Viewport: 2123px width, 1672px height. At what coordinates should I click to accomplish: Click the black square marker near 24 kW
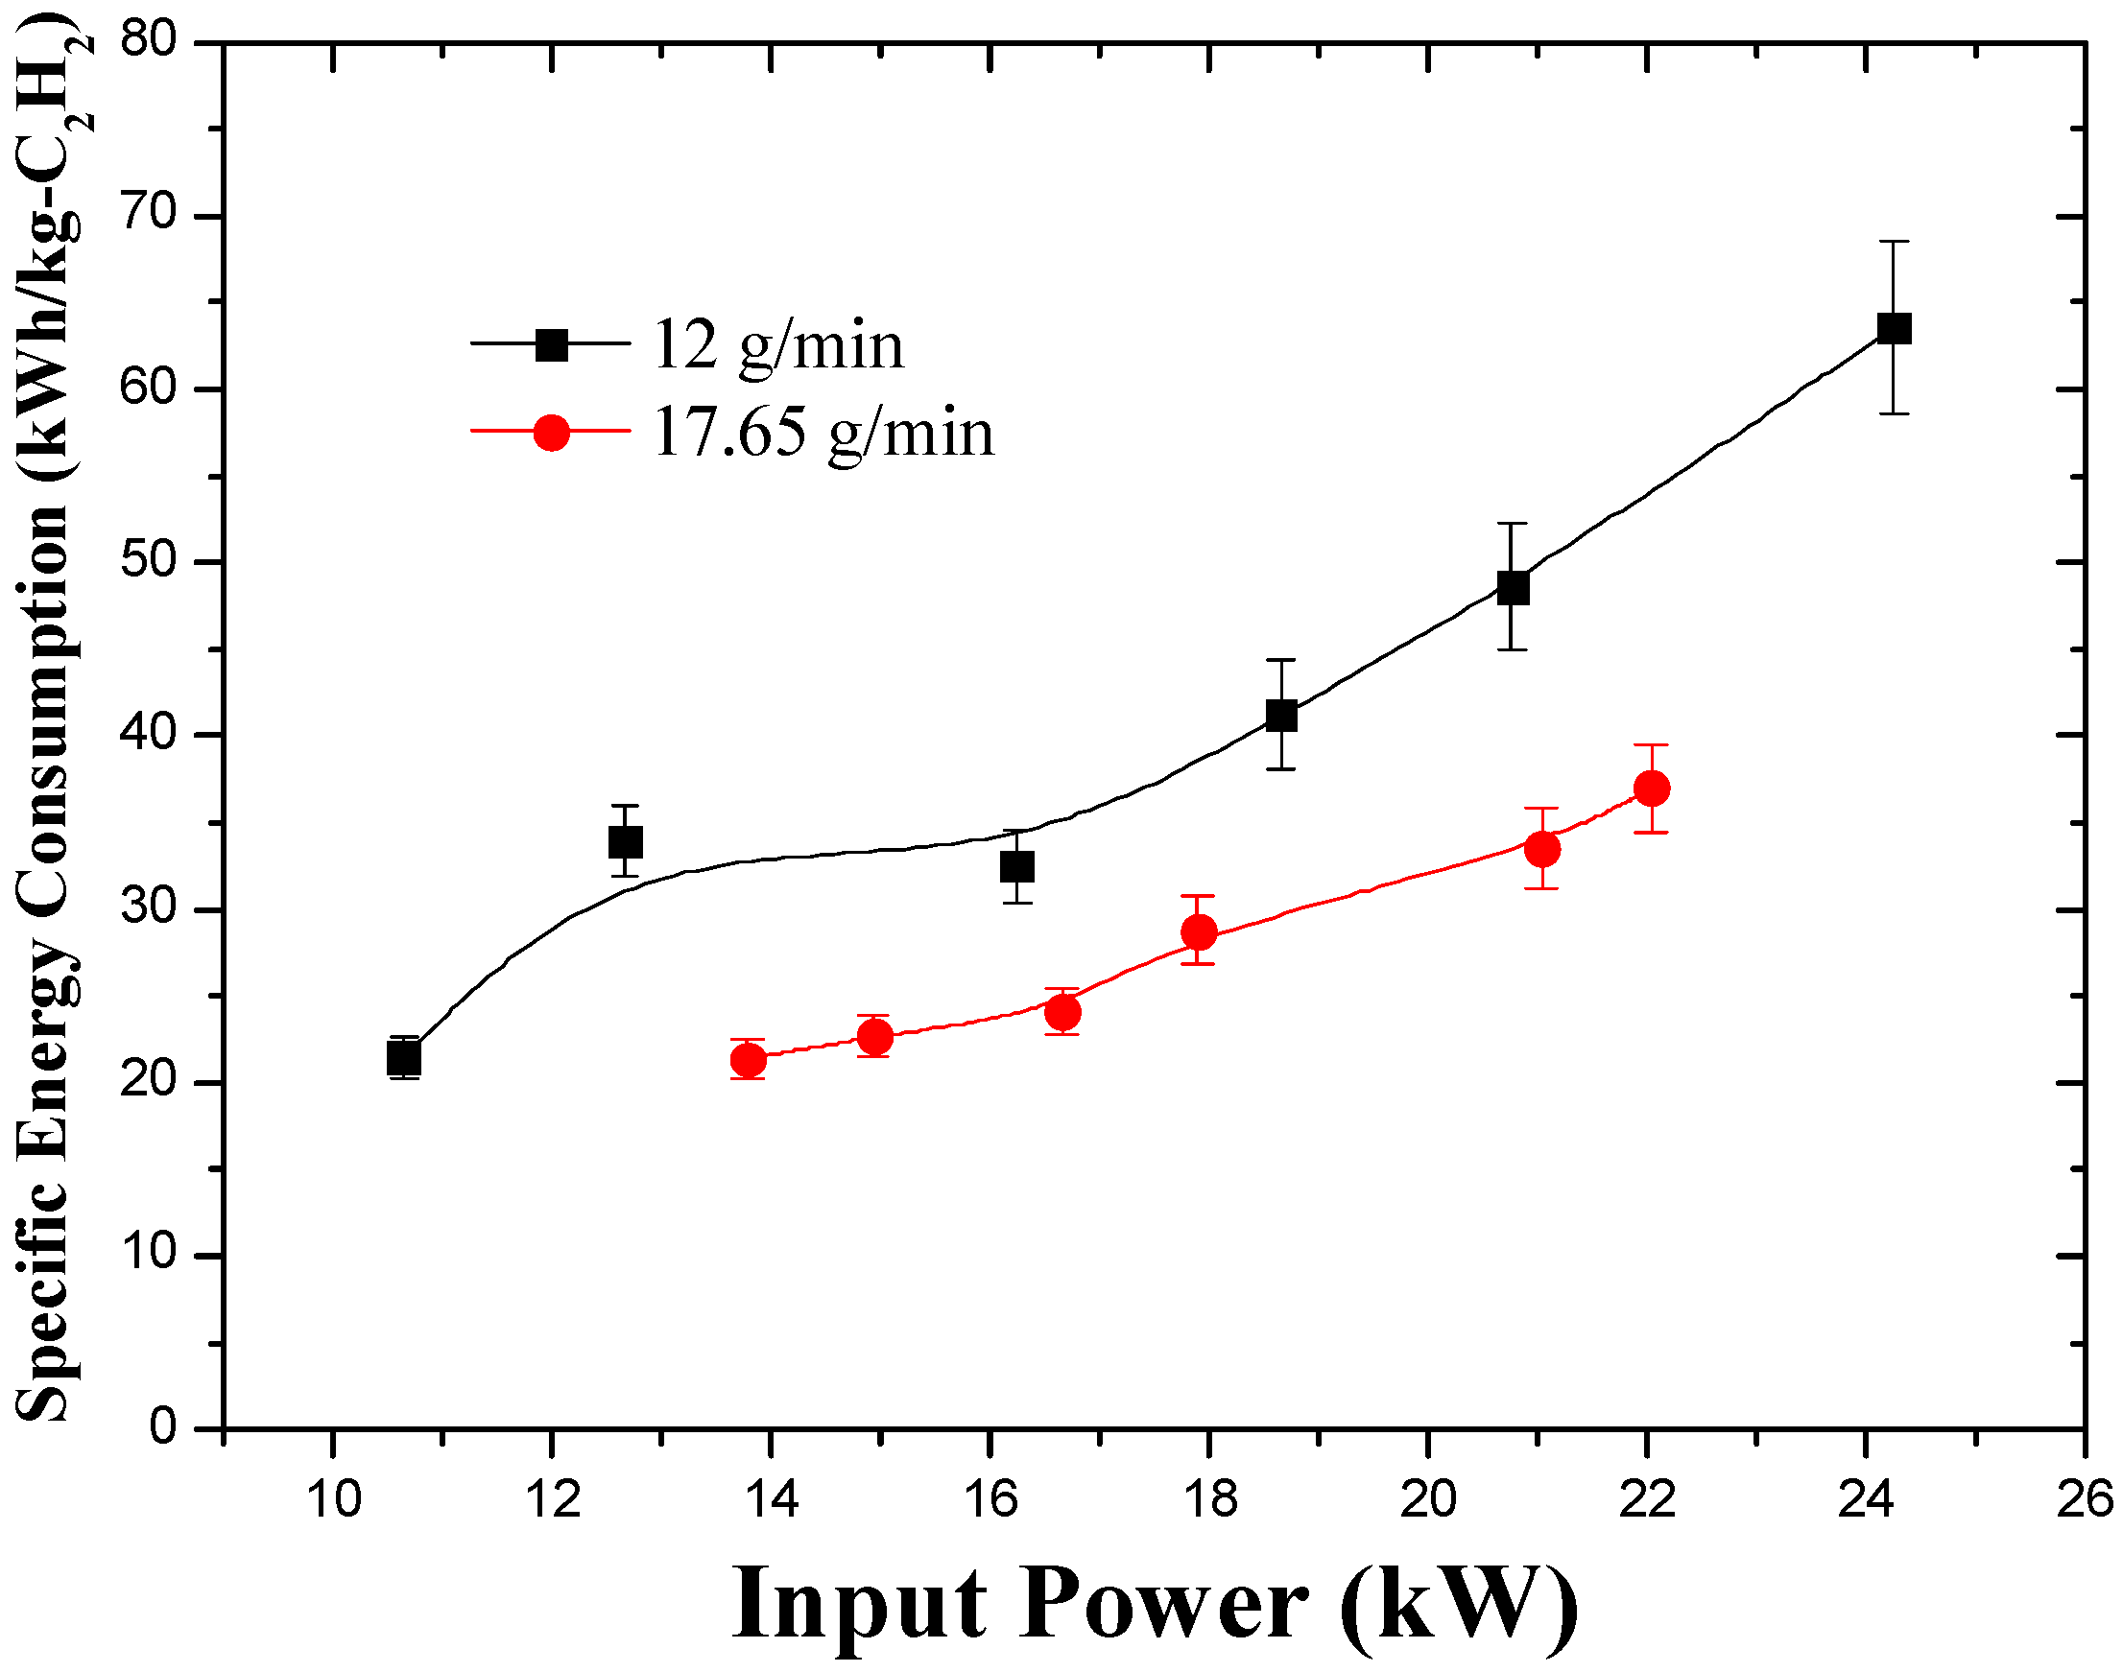point(1894,329)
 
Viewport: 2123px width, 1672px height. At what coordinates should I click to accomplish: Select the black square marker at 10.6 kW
point(404,1058)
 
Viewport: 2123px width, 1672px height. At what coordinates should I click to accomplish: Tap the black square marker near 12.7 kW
point(626,842)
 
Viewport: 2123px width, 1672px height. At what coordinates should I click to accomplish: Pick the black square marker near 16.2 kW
point(1017,866)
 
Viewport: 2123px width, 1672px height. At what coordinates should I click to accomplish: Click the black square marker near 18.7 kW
point(1281,716)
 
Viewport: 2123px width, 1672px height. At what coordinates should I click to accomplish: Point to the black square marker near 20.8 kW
point(1513,588)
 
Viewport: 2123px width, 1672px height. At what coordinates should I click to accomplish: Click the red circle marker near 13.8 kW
point(749,1060)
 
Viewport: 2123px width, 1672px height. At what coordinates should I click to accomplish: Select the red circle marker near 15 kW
point(874,1036)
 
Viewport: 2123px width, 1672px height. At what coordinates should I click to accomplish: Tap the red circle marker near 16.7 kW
point(1062,1011)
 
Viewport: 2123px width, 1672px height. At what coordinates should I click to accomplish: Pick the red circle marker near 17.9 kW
point(1199,932)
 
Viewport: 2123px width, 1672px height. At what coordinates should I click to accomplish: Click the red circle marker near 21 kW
point(1542,849)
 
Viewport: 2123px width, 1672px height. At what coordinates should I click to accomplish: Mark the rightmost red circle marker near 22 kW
point(1652,788)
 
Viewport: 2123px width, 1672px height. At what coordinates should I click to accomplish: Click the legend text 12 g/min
point(778,345)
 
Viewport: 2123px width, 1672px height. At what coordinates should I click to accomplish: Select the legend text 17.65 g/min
point(823,433)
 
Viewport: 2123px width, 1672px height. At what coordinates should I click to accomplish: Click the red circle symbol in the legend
point(551,432)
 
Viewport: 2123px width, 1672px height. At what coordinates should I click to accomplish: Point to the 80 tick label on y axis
point(148,41)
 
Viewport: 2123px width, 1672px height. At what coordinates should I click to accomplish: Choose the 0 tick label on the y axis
point(163,1428)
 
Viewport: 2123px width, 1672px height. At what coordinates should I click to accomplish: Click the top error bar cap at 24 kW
point(1894,242)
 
